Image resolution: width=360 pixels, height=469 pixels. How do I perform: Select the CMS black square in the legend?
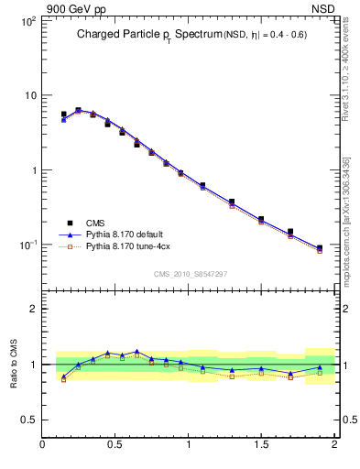tap(70, 223)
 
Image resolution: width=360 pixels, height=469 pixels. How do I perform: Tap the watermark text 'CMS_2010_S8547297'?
tap(190, 274)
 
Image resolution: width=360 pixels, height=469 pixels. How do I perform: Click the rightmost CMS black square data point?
tap(319, 247)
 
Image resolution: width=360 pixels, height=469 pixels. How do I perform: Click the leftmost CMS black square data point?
tap(64, 115)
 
